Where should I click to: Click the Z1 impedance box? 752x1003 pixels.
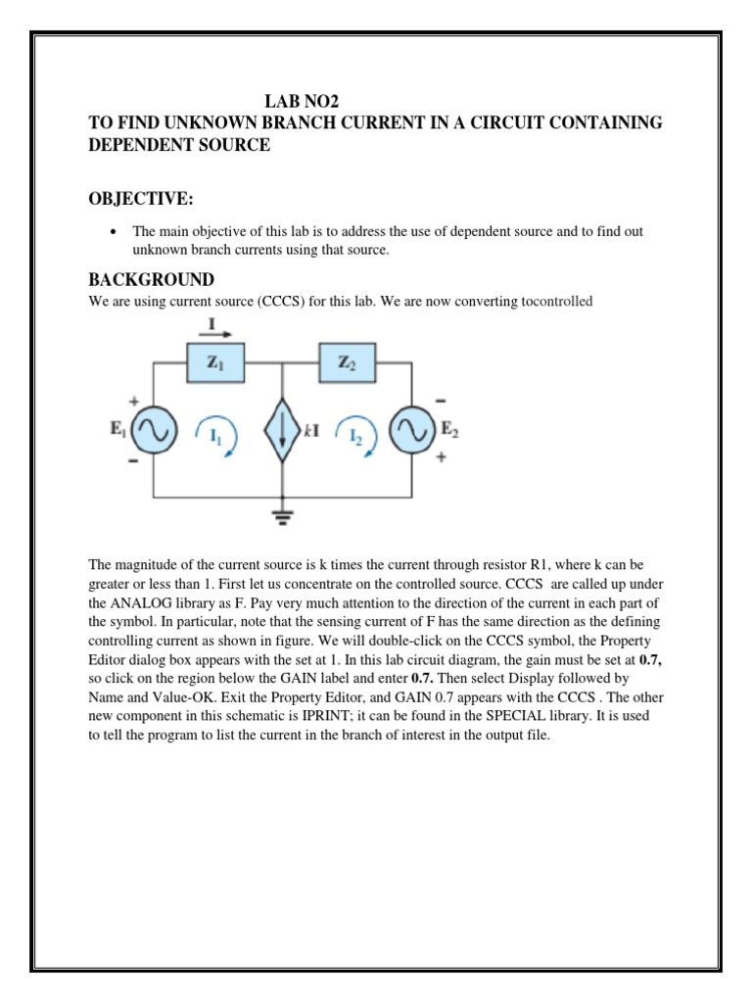(x=215, y=363)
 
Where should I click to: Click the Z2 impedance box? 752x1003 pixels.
(x=348, y=363)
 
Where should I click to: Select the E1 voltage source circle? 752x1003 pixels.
(x=153, y=431)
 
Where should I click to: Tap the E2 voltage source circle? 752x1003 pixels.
(x=412, y=431)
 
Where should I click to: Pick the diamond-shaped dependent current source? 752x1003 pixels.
(x=282, y=431)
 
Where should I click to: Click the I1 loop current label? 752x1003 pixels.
(x=215, y=434)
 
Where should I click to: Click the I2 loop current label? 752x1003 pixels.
(x=354, y=434)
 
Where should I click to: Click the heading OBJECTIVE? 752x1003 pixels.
(x=142, y=200)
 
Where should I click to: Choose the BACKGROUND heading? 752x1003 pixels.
(x=151, y=280)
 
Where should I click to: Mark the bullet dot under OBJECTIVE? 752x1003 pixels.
(x=115, y=232)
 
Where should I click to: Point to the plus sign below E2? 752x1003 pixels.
(x=440, y=458)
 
